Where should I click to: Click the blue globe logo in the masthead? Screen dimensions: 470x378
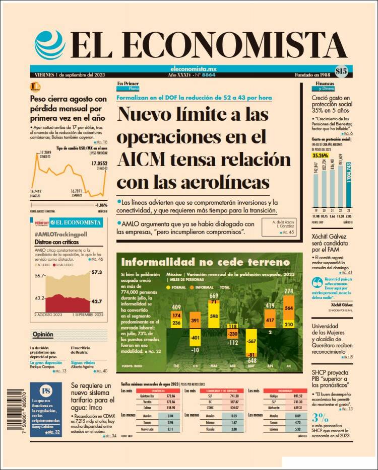coord(50,45)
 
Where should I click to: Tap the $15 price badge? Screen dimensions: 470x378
coord(341,71)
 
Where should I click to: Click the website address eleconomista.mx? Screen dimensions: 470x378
coord(194,68)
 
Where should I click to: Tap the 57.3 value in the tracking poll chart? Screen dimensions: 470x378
coord(96,272)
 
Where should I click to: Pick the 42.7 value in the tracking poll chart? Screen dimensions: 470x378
coord(96,301)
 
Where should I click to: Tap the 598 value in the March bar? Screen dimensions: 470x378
coord(214,316)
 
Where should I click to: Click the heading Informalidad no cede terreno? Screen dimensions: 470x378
coord(205,262)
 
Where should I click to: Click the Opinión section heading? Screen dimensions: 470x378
coord(43,334)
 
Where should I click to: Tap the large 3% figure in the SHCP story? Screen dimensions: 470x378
coord(321,417)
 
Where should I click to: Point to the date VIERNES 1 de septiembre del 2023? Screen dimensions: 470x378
coord(67,75)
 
